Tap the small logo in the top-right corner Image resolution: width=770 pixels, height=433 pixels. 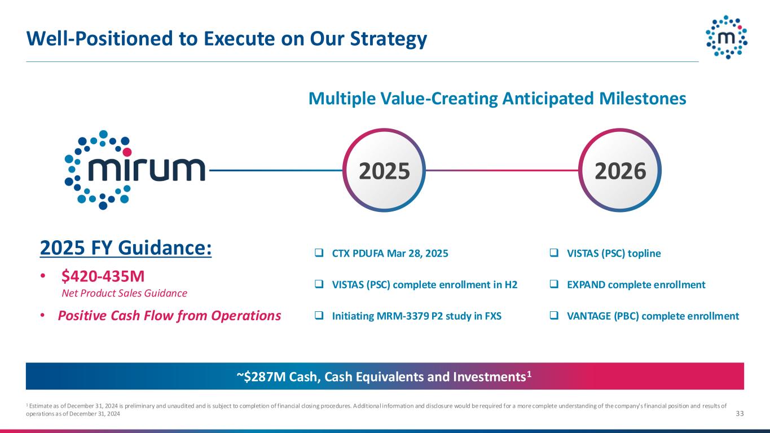(x=727, y=37)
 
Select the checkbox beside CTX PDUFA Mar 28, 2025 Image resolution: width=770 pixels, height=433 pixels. (x=319, y=253)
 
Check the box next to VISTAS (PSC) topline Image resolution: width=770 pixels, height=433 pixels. (x=554, y=253)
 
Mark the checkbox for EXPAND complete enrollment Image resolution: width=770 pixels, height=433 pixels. (x=554, y=284)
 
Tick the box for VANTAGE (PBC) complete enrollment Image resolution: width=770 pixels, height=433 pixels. (x=554, y=315)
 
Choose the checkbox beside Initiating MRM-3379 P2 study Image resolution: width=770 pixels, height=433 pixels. (x=319, y=315)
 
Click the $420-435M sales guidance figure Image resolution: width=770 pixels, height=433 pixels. (x=103, y=276)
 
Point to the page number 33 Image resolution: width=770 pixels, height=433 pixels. (x=740, y=413)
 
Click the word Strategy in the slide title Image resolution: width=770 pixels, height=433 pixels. (x=389, y=39)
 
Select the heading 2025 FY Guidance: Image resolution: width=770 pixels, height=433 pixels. (x=126, y=248)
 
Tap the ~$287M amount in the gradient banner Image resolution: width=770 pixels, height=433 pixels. (x=261, y=377)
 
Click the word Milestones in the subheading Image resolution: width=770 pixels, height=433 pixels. (x=643, y=98)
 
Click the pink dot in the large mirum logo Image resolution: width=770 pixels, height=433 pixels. (x=127, y=152)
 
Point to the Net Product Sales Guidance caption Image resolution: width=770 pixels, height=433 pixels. (x=125, y=293)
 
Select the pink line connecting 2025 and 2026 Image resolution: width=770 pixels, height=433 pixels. (x=502, y=170)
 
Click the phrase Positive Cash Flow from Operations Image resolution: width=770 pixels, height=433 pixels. (x=169, y=316)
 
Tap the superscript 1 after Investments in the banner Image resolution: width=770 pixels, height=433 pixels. (x=529, y=373)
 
